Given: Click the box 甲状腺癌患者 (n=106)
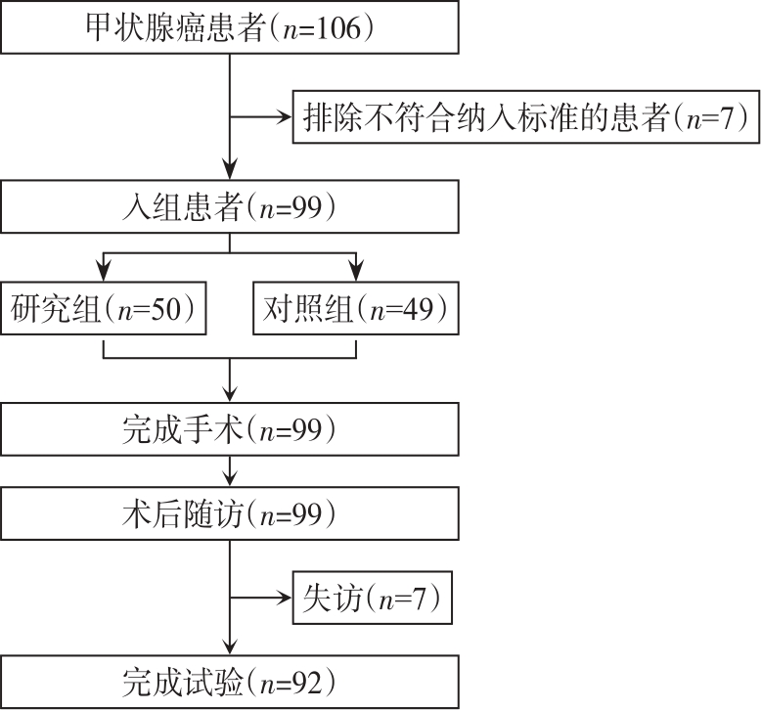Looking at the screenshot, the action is pyautogui.click(x=230, y=27).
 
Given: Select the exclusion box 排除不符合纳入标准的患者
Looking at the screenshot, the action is pyautogui.click(x=526, y=117).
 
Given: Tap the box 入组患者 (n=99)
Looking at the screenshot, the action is pyautogui.click(x=230, y=206).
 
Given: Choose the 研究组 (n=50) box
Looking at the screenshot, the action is pyautogui.click(x=104, y=308).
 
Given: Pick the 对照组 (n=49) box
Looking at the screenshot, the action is pyautogui.click(x=356, y=308).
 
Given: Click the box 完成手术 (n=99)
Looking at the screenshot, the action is pyautogui.click(x=230, y=429).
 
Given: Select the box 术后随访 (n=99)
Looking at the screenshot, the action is pyautogui.click(x=230, y=513).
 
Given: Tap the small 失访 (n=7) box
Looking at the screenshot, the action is pyautogui.click(x=373, y=598).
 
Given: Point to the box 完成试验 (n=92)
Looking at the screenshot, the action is pyautogui.click(x=230, y=683).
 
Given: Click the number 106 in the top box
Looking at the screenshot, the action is pyautogui.click(x=338, y=27).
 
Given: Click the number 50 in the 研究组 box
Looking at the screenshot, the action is pyautogui.click(x=166, y=309).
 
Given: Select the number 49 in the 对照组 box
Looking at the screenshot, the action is pyautogui.click(x=419, y=309).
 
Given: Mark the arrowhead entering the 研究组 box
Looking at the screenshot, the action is pyautogui.click(x=104, y=273).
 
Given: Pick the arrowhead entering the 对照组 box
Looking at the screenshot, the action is pyautogui.click(x=356, y=273).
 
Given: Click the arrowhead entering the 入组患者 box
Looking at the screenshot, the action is pyautogui.click(x=230, y=171).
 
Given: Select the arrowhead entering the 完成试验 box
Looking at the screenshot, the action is pyautogui.click(x=230, y=646).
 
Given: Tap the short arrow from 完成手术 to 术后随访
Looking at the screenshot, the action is pyautogui.click(x=230, y=471).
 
